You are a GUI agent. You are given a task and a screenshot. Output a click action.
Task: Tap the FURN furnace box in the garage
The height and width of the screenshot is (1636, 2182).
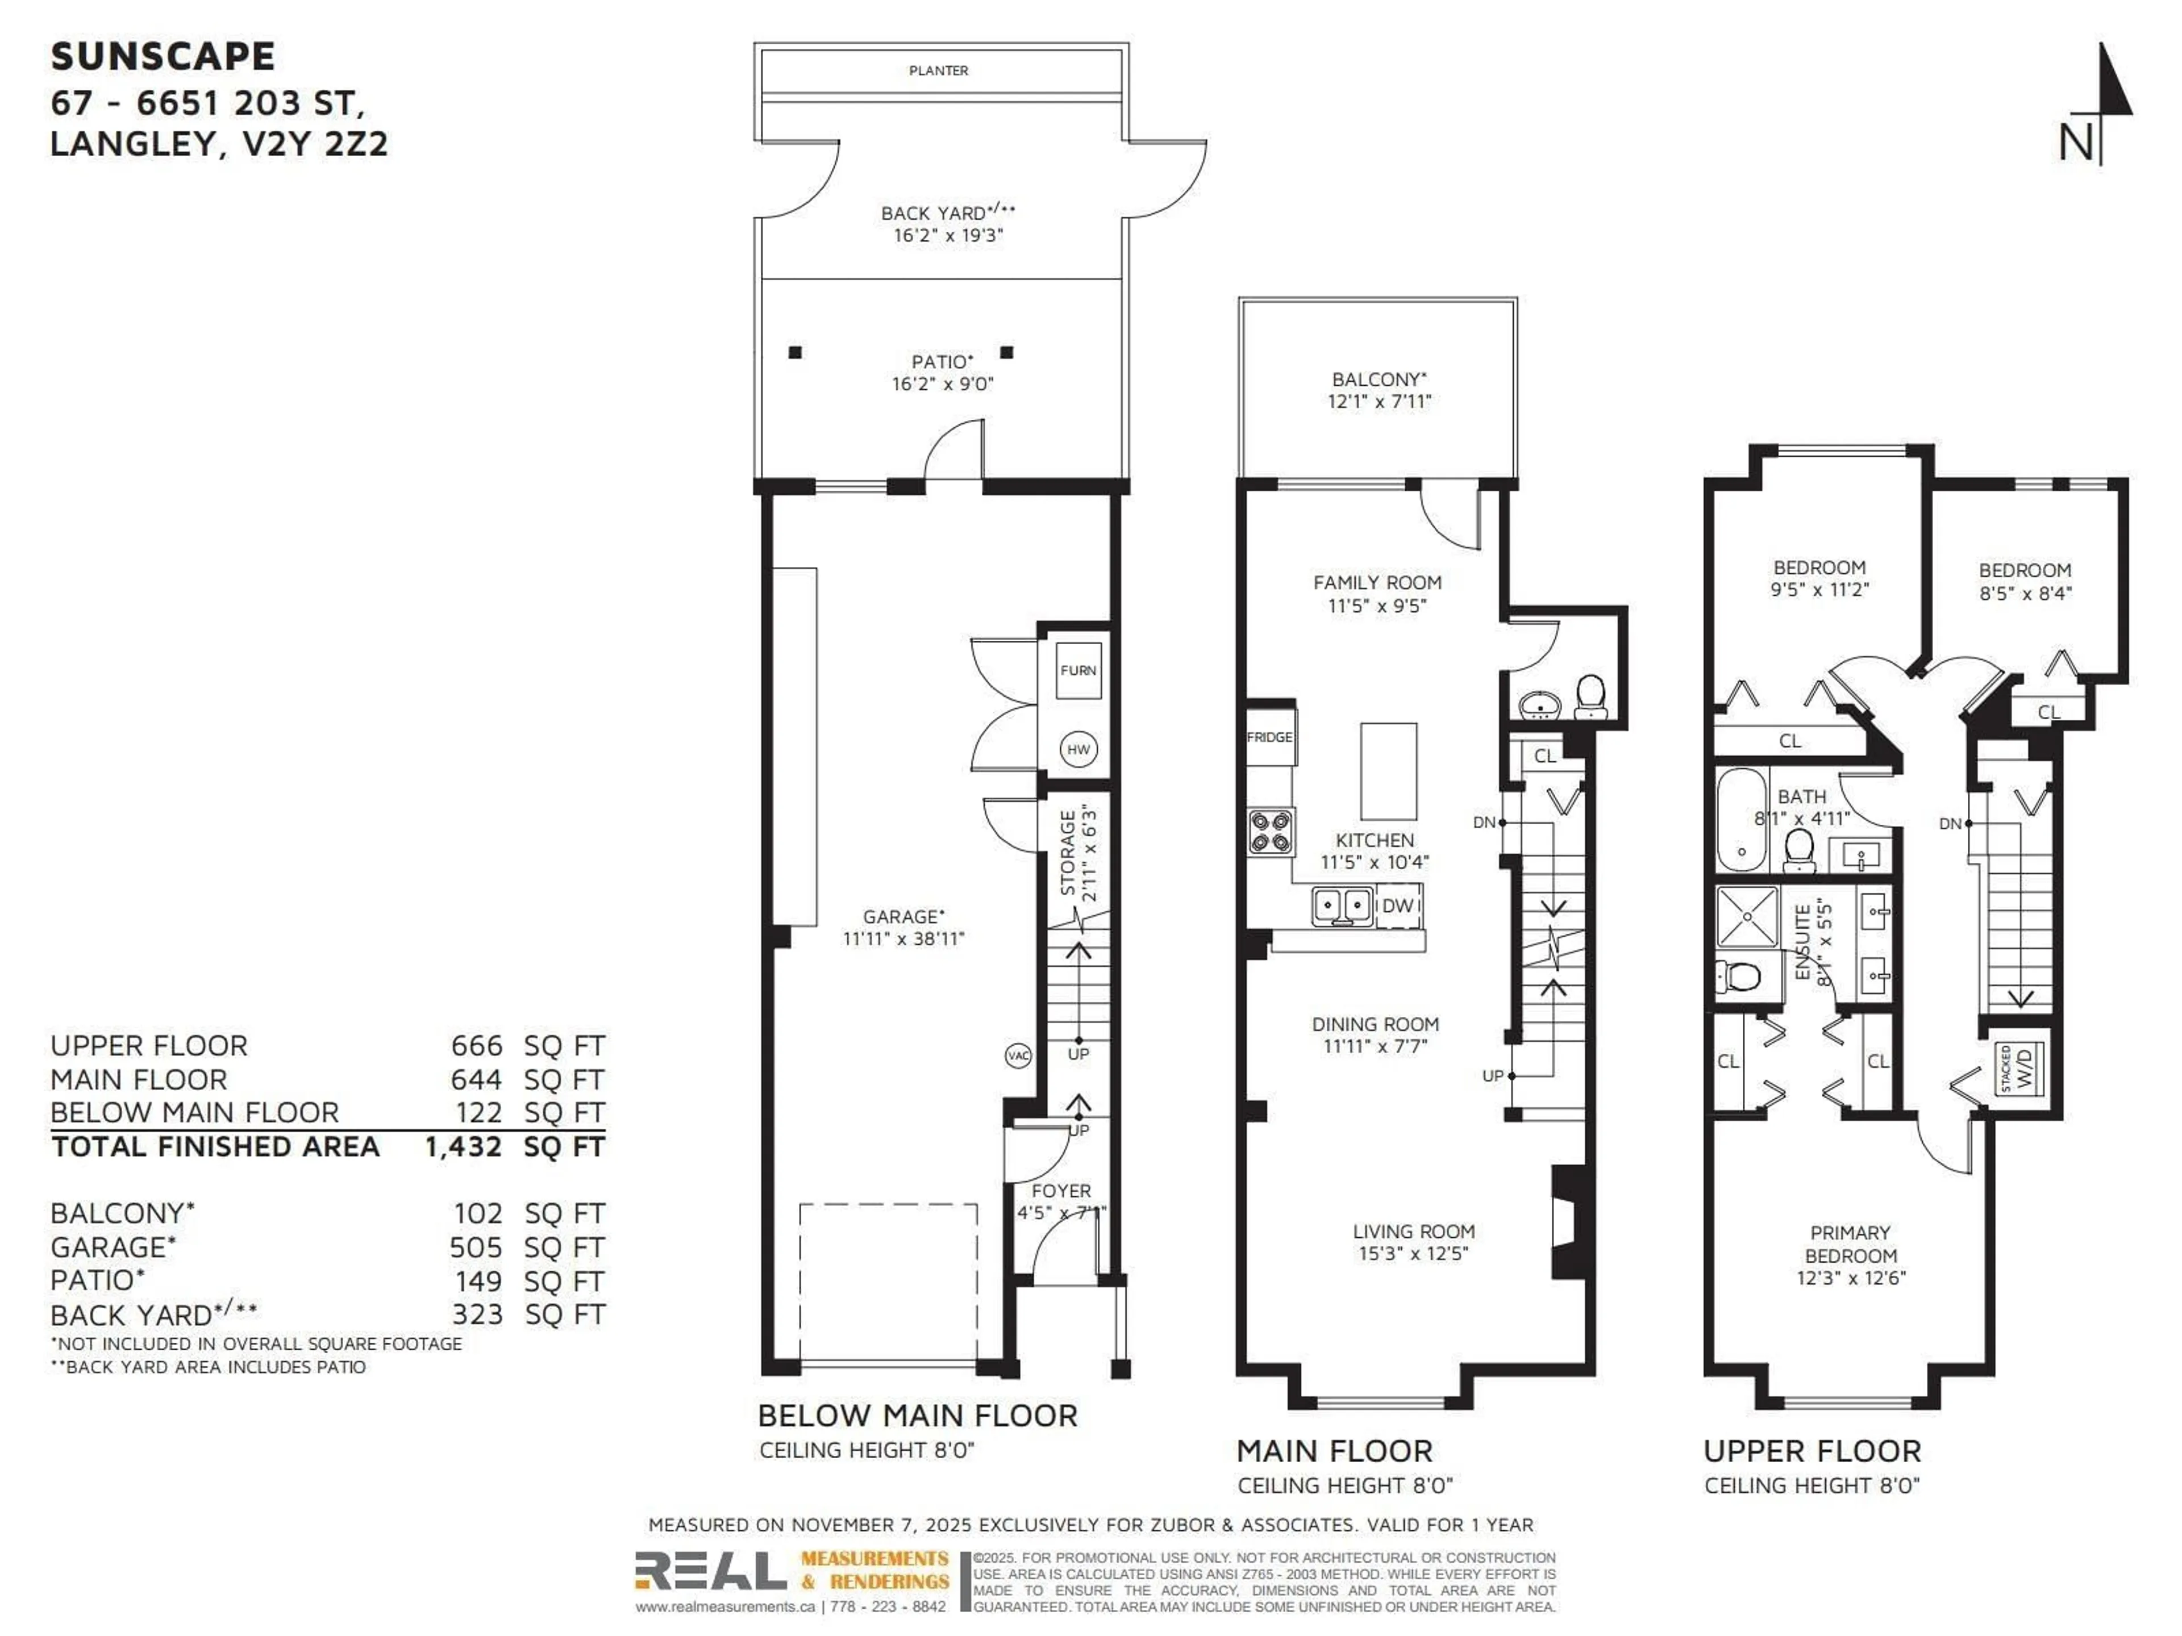tap(1078, 670)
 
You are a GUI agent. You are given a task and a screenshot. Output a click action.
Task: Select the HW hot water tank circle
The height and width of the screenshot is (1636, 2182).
tap(1078, 749)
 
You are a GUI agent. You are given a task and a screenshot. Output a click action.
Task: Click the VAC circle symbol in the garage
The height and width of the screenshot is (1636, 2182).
tap(1018, 1056)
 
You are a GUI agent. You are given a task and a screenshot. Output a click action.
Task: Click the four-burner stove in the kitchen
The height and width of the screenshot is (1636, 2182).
tap(1271, 831)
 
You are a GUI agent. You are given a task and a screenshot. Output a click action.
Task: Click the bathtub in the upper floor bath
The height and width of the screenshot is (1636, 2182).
tap(1741, 820)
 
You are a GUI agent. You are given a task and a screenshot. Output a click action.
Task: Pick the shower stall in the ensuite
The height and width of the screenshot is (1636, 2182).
tap(1747, 917)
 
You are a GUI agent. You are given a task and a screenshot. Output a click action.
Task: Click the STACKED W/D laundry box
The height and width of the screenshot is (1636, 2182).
tap(2018, 1068)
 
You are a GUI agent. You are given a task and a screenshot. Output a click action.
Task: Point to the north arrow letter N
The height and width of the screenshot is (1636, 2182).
tap(2076, 144)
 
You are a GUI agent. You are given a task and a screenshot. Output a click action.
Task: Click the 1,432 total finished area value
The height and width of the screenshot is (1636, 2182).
tap(463, 1147)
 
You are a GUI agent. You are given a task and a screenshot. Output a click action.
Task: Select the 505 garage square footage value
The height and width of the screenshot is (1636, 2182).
tap(476, 1247)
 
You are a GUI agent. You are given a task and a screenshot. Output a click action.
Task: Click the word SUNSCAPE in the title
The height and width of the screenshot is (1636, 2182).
tap(163, 56)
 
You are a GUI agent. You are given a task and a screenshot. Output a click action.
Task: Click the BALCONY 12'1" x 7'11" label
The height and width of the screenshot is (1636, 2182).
tap(1379, 390)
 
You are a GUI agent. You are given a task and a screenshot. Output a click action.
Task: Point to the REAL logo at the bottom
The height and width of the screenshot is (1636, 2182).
tap(710, 1571)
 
